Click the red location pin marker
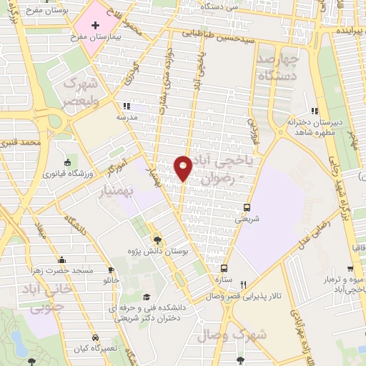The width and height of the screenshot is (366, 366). coord(183,167)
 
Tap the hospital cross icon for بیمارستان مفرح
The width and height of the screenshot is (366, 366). coord(95,24)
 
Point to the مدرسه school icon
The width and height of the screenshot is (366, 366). coord(127,106)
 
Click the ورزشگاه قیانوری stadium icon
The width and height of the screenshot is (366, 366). coord(68,162)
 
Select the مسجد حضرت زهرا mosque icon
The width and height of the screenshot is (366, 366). coord(61,259)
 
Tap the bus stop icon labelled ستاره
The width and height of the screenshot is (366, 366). coord(224,269)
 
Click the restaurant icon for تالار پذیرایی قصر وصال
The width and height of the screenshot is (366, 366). coord(244,284)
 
